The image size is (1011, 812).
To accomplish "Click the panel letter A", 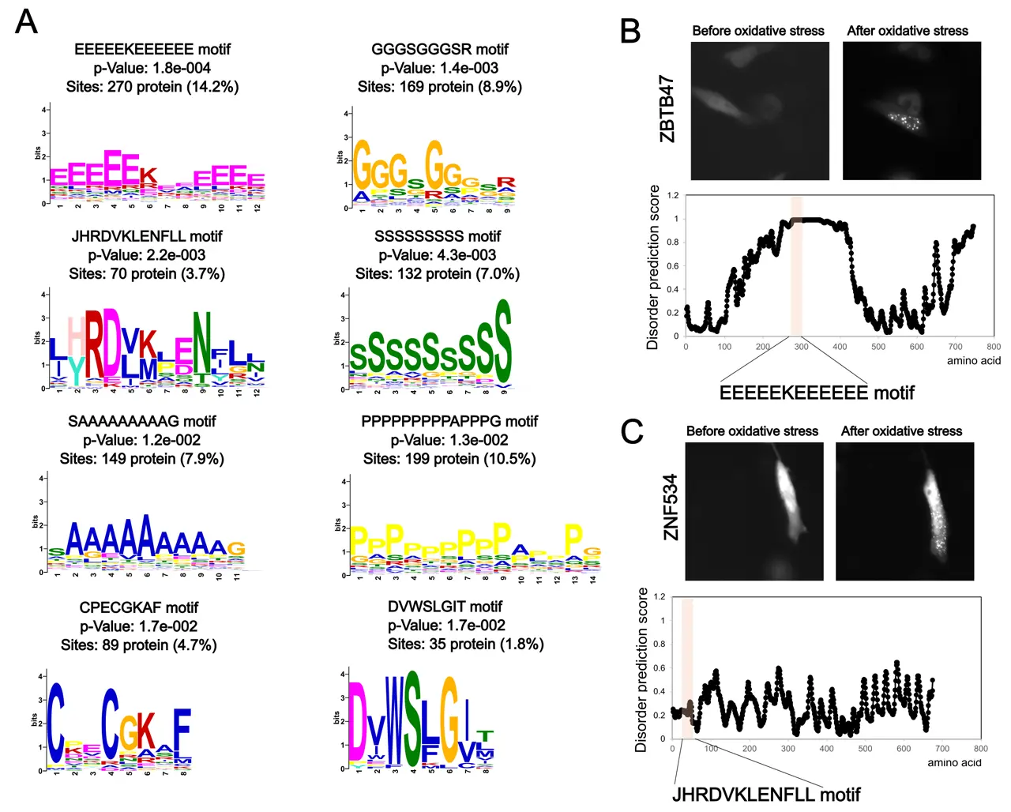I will tap(27, 21).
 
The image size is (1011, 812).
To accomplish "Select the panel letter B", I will tap(630, 31).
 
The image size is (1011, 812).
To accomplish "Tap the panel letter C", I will tap(632, 431).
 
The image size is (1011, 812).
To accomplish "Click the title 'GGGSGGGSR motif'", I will tap(440, 49).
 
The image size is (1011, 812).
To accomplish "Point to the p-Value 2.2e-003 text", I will tap(147, 255).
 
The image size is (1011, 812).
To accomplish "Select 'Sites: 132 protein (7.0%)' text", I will tap(438, 274).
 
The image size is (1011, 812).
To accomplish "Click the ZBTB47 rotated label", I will tap(667, 109).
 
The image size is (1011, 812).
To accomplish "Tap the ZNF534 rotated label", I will tap(671, 507).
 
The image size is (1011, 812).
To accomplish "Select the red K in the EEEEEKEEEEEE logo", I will tap(148, 176).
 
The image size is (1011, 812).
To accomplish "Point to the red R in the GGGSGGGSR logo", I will tap(505, 182).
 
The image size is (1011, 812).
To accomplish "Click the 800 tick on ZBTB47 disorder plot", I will tap(993, 347).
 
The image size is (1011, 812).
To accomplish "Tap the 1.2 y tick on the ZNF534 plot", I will tap(660, 597).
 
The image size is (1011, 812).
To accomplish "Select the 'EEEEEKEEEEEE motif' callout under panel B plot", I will tap(817, 393).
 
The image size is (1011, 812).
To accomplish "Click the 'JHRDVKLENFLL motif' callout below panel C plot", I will tap(765, 795).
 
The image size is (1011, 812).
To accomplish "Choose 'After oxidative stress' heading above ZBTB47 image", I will tap(907, 31).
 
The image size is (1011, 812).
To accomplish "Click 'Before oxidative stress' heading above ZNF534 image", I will tap(752, 431).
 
